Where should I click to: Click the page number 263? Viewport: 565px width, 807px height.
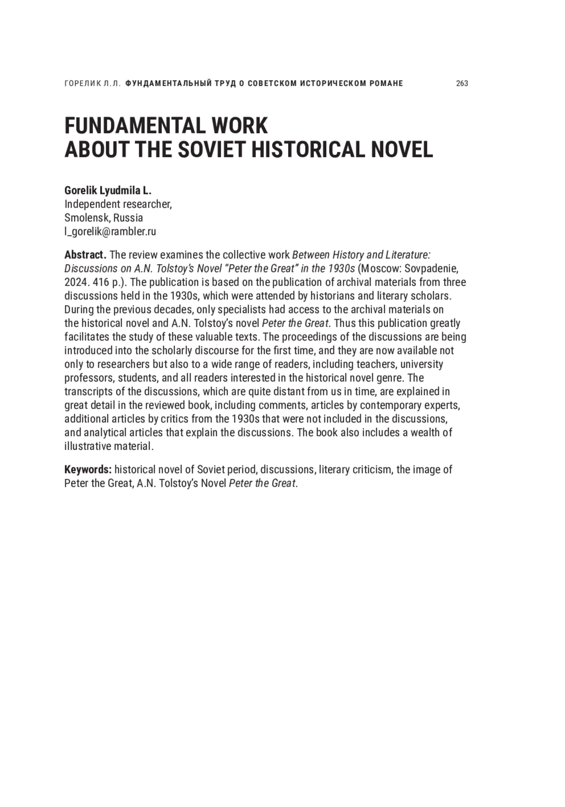click(x=462, y=83)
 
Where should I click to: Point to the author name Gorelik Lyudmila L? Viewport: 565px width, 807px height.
click(x=108, y=191)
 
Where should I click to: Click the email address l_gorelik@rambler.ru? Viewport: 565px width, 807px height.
click(x=110, y=232)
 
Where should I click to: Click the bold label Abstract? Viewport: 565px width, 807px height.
click(x=85, y=255)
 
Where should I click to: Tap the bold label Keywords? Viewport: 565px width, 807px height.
click(x=88, y=470)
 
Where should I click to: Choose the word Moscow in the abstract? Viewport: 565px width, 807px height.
click(x=378, y=269)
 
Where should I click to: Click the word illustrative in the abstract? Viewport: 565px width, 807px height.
click(x=88, y=446)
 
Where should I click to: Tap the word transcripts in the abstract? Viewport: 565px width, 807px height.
click(x=87, y=392)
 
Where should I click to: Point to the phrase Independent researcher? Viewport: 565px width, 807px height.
click(x=118, y=204)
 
